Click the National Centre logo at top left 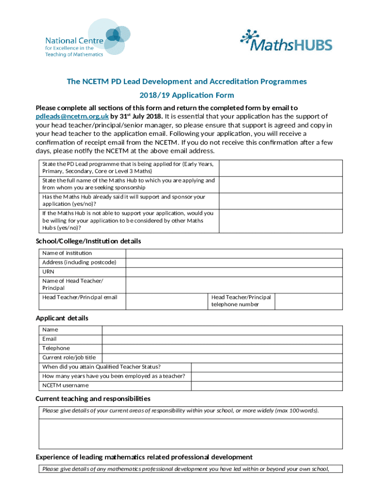tap(81, 39)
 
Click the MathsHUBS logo tap(286, 41)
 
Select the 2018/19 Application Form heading tap(187, 95)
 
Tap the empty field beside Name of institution tap(235, 253)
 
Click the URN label tap(48, 271)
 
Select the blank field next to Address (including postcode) tap(235, 262)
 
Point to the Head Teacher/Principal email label tap(80, 297)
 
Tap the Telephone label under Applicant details tap(56, 348)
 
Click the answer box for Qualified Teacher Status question tap(267, 367)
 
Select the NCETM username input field tap(267, 385)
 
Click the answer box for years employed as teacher tap(267, 376)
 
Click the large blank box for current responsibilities tap(190, 433)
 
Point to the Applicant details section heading tap(62, 318)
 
